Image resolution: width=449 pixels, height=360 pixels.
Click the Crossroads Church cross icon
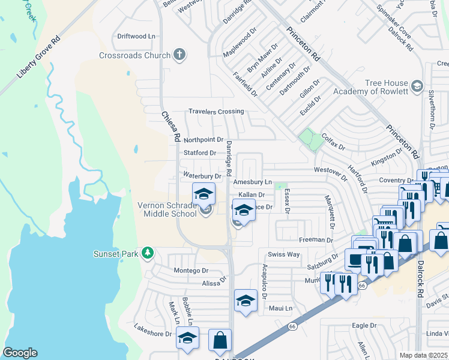coord(178,55)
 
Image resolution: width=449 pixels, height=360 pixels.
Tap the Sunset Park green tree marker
coord(148,254)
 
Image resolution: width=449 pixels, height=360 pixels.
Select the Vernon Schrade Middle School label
coord(167,209)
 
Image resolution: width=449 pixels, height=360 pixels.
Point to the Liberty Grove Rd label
coord(39,58)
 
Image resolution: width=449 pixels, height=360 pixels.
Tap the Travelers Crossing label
coord(216,112)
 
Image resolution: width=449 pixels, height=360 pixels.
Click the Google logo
coord(20,353)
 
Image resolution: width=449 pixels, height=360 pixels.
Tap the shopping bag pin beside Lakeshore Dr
coord(220,340)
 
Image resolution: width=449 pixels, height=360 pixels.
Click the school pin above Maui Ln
coord(245,301)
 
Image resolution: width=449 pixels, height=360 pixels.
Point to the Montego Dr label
coord(190,271)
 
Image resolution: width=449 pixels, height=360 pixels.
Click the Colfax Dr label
coord(334,142)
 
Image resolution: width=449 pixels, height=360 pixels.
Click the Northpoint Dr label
coord(203,139)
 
